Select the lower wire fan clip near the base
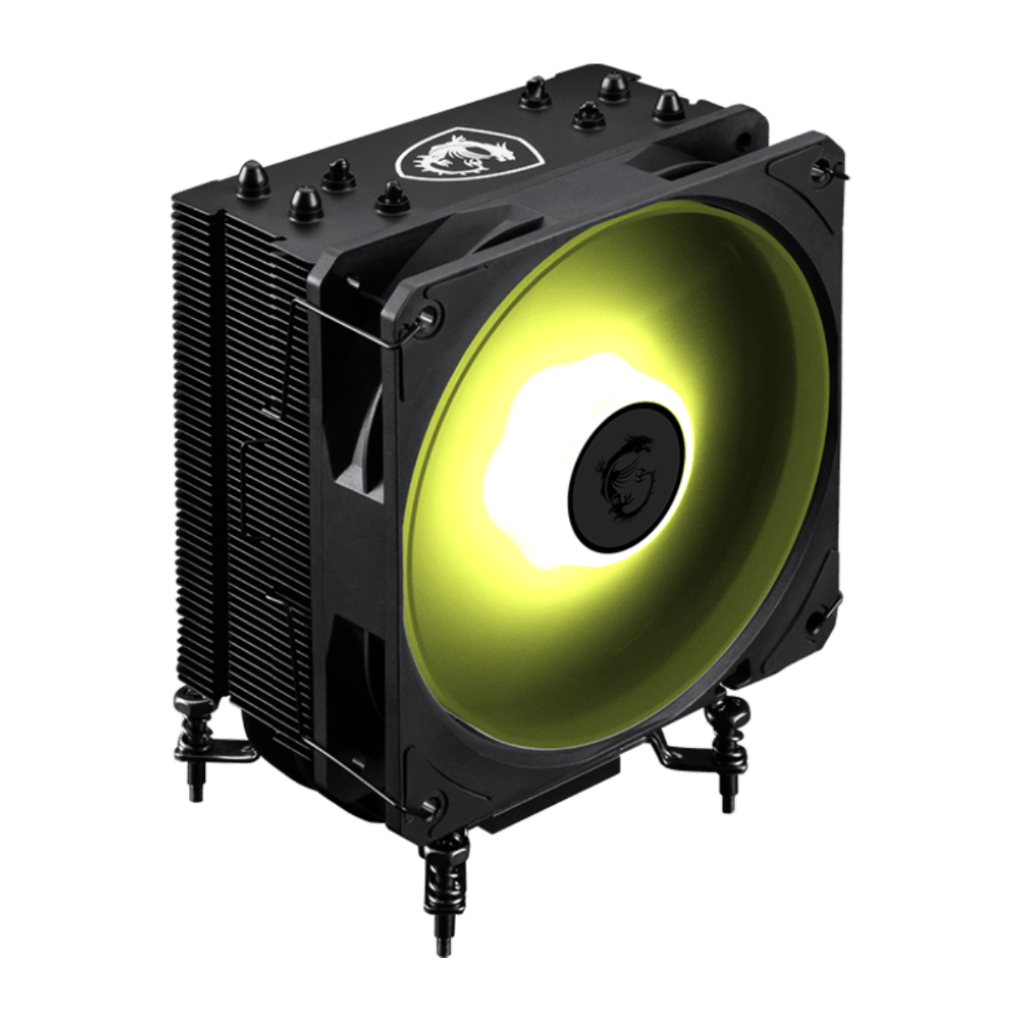(357, 766)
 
